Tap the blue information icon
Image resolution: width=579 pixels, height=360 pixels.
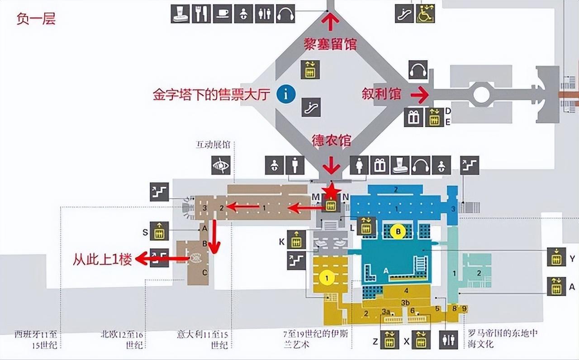coord(286,94)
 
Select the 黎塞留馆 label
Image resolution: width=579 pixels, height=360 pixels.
coord(331,44)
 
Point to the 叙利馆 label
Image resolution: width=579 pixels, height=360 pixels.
coord(381,94)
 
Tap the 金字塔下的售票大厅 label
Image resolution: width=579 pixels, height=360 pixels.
coord(212,95)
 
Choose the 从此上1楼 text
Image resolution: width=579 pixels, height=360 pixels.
coord(102,260)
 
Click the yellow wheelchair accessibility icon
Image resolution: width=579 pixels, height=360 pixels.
coord(425,14)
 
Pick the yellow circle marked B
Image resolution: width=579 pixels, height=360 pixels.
coord(398,232)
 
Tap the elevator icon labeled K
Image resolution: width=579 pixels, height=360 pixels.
coord(296,239)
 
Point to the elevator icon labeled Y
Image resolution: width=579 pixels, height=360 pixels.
coord(556,257)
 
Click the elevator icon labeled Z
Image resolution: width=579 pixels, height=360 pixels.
coord(389,340)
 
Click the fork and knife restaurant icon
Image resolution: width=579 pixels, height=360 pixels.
coord(201,14)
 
